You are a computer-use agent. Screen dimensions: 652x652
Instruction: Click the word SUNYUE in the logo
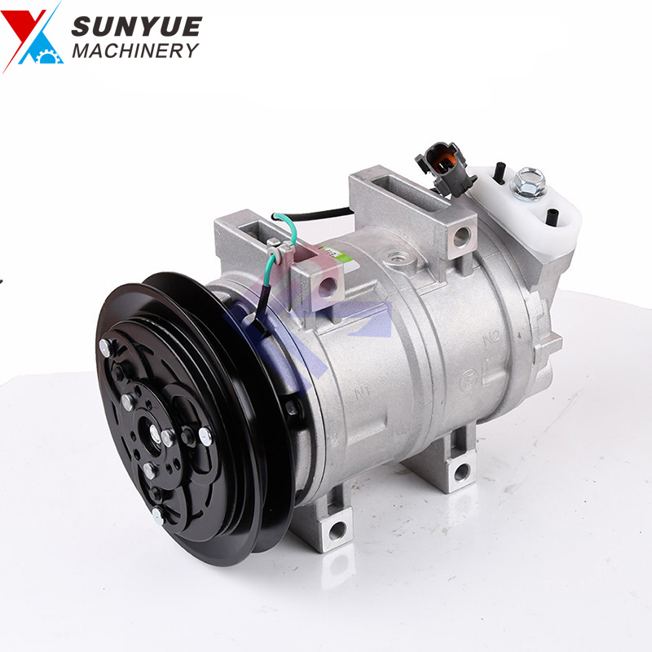tap(135, 26)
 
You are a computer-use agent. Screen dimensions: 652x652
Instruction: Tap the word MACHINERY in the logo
tap(134, 51)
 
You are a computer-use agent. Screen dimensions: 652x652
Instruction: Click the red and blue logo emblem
tap(33, 37)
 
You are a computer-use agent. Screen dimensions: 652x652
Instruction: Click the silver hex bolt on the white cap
tap(527, 181)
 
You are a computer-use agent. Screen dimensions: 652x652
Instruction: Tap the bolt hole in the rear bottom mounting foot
tap(462, 470)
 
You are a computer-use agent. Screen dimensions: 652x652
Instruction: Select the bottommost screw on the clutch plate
tap(157, 515)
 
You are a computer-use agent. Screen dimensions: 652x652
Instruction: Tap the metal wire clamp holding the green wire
tap(275, 251)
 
